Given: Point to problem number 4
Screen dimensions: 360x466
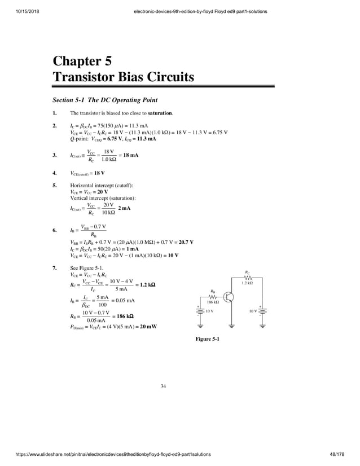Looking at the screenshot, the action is (x=54, y=173).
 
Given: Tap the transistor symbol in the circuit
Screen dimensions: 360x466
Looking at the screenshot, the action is (x=230, y=297).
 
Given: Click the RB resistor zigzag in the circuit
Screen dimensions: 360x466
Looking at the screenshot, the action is (x=213, y=297).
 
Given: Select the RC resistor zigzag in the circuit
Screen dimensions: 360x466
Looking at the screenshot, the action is (x=247, y=278).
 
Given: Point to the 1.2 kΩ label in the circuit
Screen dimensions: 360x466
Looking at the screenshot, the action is (x=247, y=283).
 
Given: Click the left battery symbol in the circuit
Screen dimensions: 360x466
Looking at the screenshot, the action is (x=200, y=311).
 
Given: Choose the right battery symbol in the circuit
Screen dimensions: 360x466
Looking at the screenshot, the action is (x=262, y=311).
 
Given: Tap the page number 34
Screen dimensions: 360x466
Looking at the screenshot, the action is (x=163, y=386).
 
